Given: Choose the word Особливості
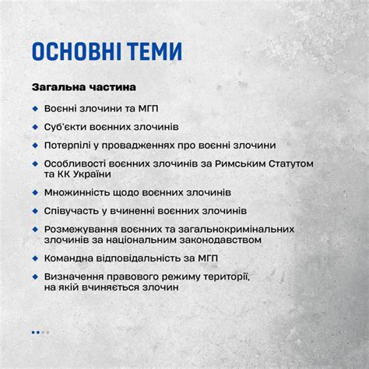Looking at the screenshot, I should coord(77,163).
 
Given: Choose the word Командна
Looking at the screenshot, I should coord(71,258).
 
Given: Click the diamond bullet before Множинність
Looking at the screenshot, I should coord(36,192).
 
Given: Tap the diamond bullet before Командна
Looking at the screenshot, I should coord(36,258).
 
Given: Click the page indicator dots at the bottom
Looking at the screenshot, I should coord(40,332).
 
